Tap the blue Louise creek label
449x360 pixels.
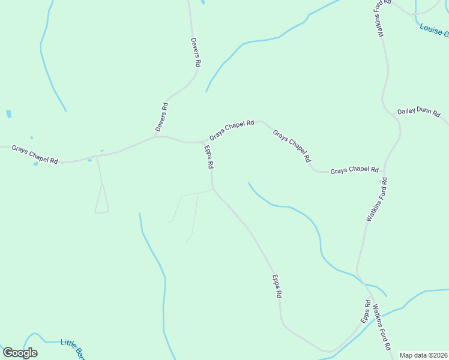[434, 30]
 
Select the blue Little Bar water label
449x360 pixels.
[72, 346]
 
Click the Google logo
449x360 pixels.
[20, 353]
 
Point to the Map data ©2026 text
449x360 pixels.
[423, 355]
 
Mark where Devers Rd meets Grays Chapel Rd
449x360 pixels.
[155, 136]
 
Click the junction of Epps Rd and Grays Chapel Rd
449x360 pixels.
[203, 142]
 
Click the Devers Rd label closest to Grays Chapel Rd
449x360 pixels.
[161, 117]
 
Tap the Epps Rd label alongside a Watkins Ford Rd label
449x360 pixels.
[366, 312]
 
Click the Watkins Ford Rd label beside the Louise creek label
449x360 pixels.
[384, 18]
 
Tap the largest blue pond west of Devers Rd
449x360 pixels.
[8, 113]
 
